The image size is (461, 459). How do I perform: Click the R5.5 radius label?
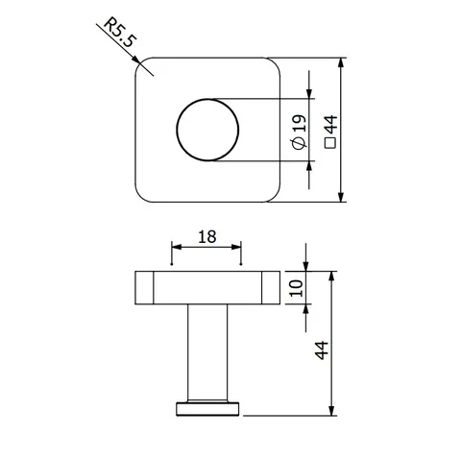pyautogui.click(x=120, y=33)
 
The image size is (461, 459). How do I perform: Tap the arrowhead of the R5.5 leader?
pyautogui.click(x=136, y=60)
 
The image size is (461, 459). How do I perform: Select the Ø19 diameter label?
pyautogui.click(x=300, y=132)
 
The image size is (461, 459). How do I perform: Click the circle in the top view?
pyautogui.click(x=177, y=130)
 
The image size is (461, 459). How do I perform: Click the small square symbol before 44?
pyautogui.click(x=330, y=143)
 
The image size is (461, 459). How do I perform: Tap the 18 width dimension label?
pyautogui.click(x=207, y=237)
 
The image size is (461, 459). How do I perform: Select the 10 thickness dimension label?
pyautogui.click(x=296, y=288)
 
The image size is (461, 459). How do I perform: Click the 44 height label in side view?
pyautogui.click(x=322, y=350)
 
